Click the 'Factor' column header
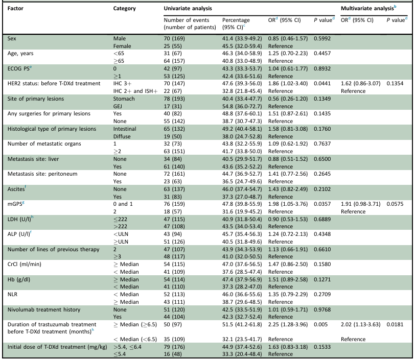(x=15, y=8)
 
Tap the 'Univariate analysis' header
(x=188, y=8)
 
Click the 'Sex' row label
(x=12, y=39)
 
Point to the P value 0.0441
(x=322, y=84)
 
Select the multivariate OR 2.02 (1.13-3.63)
(x=360, y=325)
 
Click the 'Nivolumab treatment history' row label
(x=43, y=310)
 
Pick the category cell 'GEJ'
(x=118, y=106)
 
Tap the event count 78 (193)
(x=174, y=99)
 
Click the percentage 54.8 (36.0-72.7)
(x=242, y=106)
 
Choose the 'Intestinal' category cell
(x=125, y=129)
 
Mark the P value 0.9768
(x=322, y=310)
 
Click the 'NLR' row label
(x=12, y=295)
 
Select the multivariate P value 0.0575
(x=395, y=204)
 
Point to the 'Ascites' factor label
(x=16, y=189)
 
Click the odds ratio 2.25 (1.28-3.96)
(x=288, y=325)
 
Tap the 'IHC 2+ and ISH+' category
(x=135, y=91)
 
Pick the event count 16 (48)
(x=173, y=354)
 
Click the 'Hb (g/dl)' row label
(x=19, y=280)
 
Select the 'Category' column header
(x=124, y=9)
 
